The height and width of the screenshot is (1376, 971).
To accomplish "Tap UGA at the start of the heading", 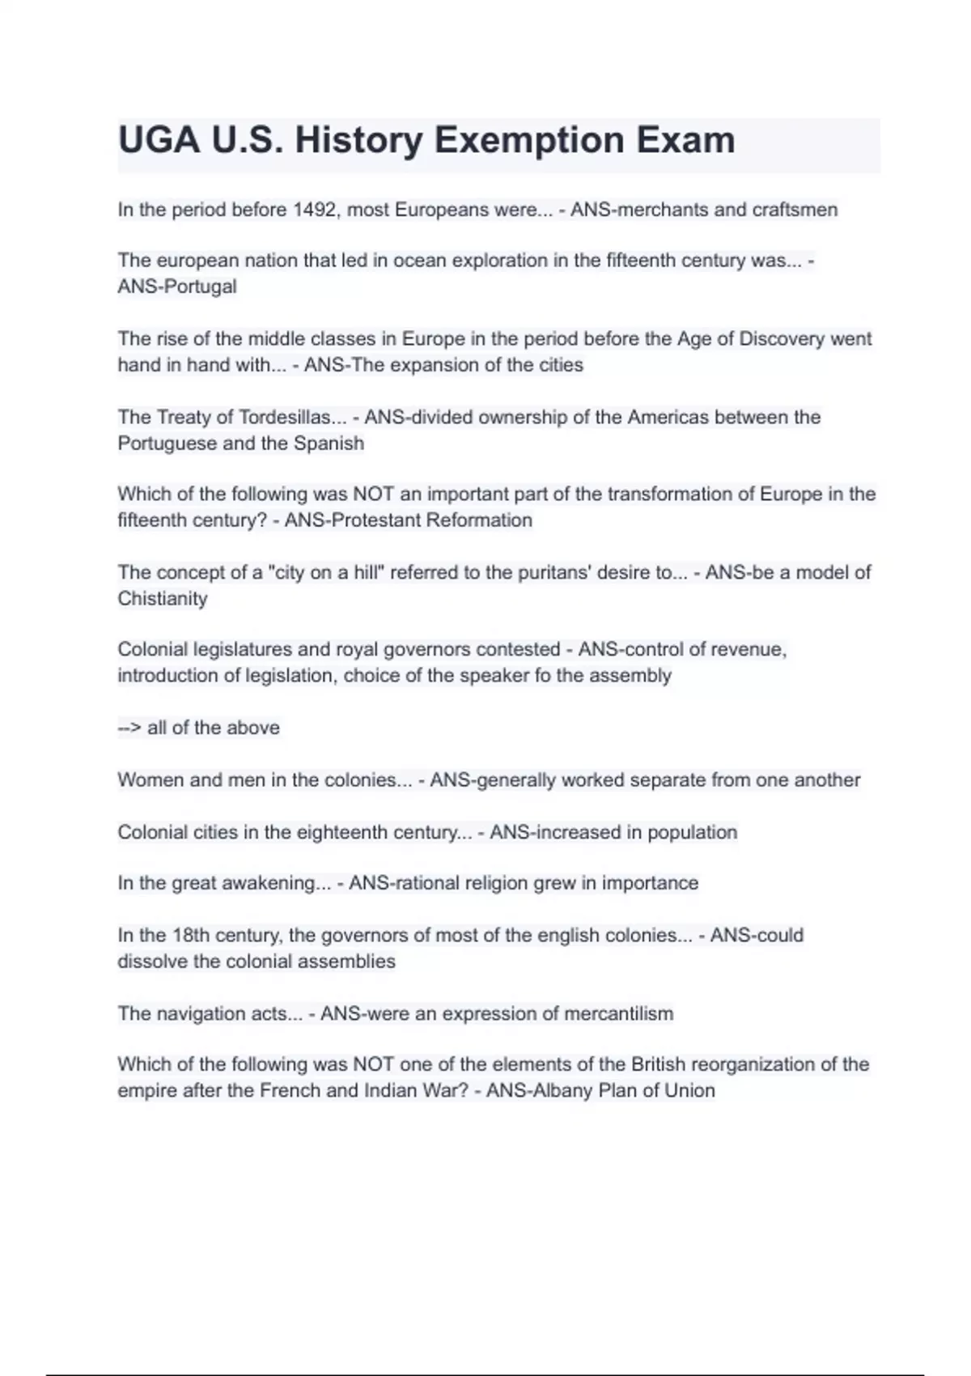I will click(159, 140).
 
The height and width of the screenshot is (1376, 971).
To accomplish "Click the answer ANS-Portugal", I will click(177, 287).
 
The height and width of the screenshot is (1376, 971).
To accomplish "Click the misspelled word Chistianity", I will click(163, 598).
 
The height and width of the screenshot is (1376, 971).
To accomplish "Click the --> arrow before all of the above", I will click(129, 728).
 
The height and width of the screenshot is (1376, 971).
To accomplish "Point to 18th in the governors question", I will click(190, 935).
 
